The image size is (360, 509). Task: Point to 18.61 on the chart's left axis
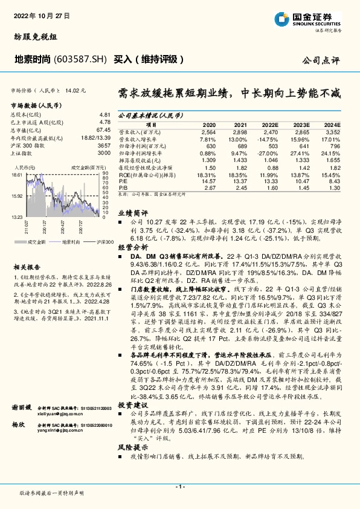[x=16, y=174]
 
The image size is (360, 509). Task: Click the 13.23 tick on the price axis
[x=16, y=216]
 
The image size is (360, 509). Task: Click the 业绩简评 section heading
[x=132, y=230]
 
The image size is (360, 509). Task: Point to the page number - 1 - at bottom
[x=179, y=487]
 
